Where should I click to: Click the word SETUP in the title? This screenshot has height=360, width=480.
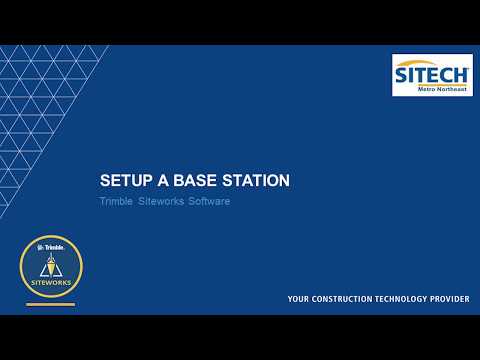point(124,181)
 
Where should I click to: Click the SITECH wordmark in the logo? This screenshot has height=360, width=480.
point(432,75)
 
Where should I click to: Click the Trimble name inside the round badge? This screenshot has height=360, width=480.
point(52,246)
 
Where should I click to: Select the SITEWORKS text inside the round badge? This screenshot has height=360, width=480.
point(51,282)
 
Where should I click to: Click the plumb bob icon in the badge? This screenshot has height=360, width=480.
point(51,266)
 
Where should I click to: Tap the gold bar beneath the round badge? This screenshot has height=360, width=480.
point(50,304)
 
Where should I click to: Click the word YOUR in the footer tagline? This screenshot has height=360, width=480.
point(299,299)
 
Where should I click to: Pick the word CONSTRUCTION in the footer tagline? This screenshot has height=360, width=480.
point(345,299)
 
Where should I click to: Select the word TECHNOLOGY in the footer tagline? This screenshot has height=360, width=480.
point(409,299)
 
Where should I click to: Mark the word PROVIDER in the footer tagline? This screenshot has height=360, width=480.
point(454,299)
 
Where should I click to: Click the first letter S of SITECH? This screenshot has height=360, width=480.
point(400,75)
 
